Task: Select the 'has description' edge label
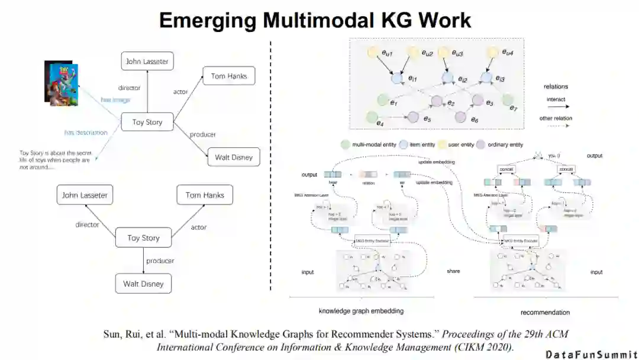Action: tap(86, 133)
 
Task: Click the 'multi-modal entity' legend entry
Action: tap(369, 144)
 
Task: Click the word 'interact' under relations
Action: tap(556, 99)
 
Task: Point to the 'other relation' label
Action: tap(556, 118)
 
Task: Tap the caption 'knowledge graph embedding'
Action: tap(361, 311)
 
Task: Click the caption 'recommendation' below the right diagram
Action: tap(545, 312)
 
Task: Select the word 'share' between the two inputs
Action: tap(453, 271)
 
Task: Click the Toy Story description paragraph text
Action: tap(55, 160)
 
